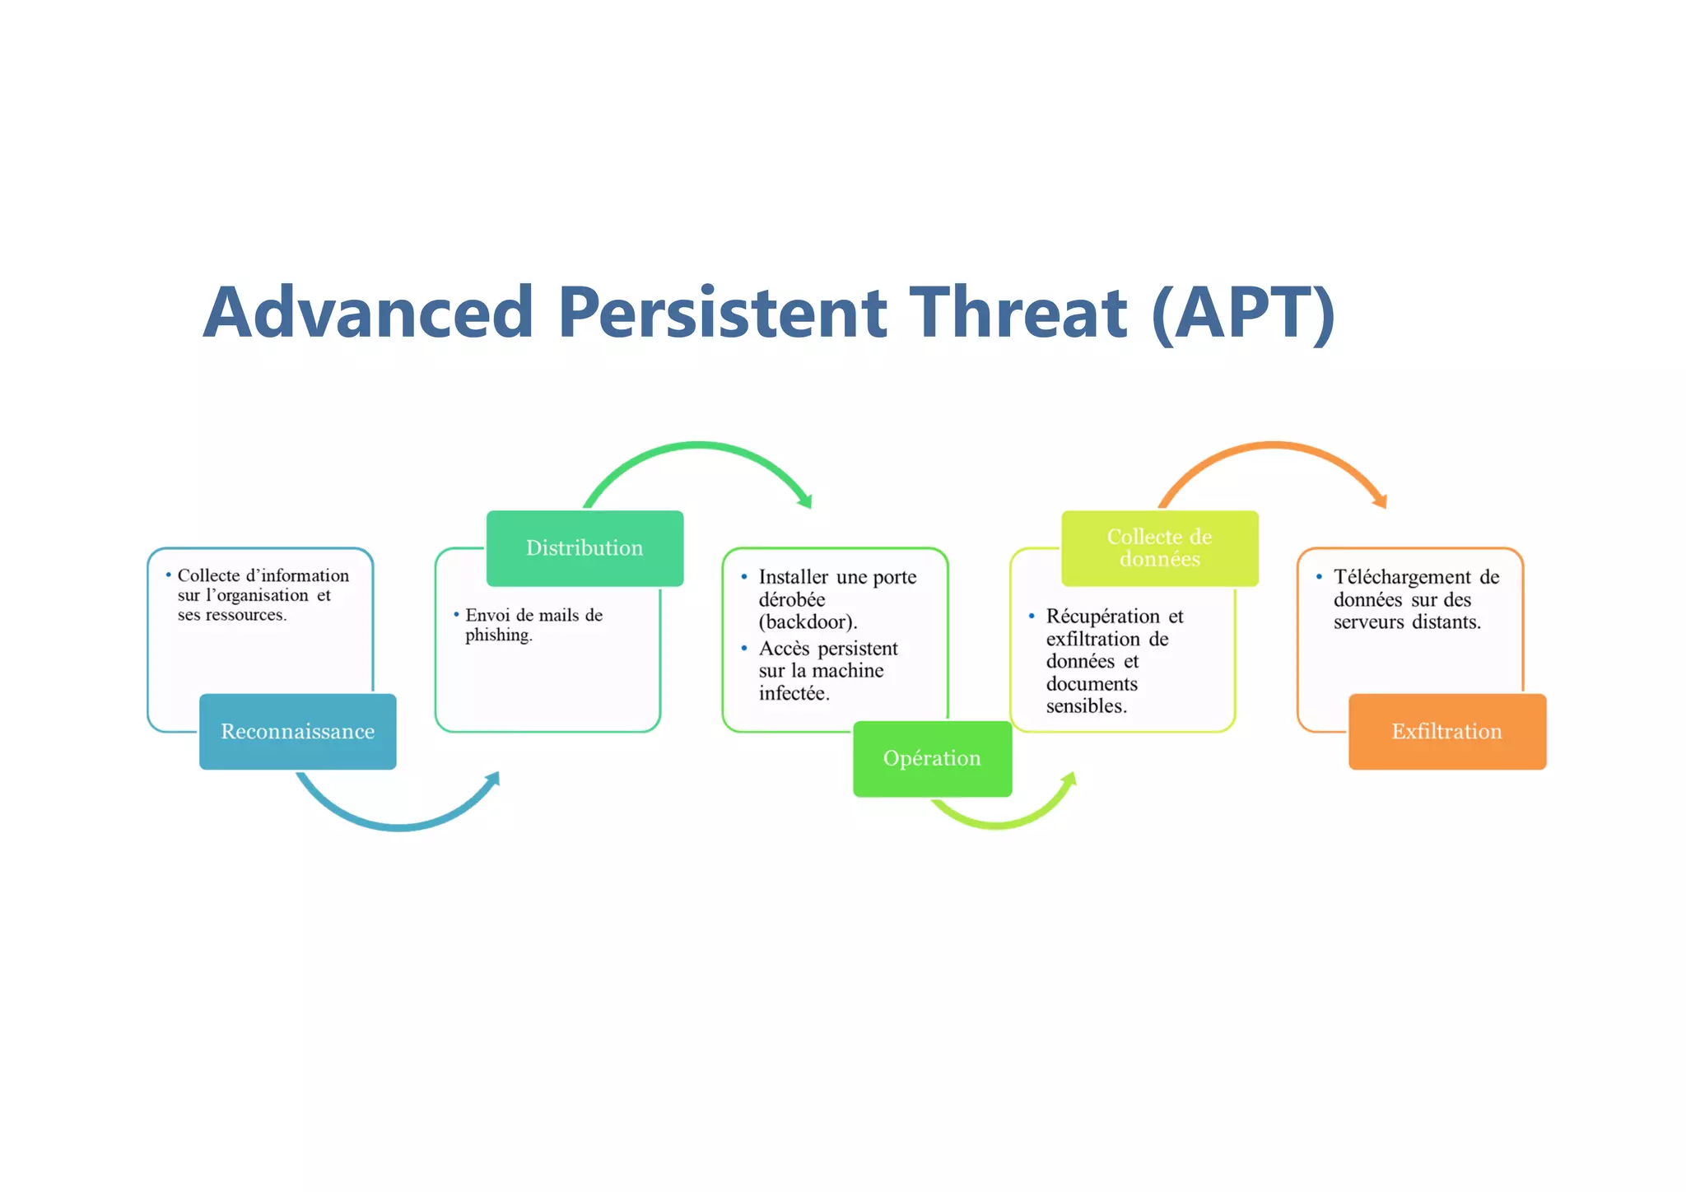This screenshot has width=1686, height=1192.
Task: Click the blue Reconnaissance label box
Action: [x=297, y=731]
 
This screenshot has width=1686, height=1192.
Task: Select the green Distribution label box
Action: [x=585, y=548]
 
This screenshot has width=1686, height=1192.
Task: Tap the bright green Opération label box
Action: [x=932, y=758]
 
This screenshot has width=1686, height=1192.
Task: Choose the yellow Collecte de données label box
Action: [x=1159, y=548]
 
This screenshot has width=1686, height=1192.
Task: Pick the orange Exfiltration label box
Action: [x=1446, y=731]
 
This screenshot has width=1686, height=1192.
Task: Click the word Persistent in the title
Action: [x=722, y=313]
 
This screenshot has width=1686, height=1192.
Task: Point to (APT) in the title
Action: [x=1242, y=313]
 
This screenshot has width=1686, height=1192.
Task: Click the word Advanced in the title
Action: [x=369, y=313]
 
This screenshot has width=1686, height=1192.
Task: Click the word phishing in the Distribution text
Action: [x=497, y=636]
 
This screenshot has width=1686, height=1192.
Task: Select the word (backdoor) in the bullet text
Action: [x=807, y=622]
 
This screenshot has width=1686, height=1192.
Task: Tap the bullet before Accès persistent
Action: [x=744, y=649]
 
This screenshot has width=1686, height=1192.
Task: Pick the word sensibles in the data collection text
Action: [x=1085, y=706]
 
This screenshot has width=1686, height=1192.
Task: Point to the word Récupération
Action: [x=1102, y=617]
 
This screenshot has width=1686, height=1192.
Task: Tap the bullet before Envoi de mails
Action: [x=456, y=614]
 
